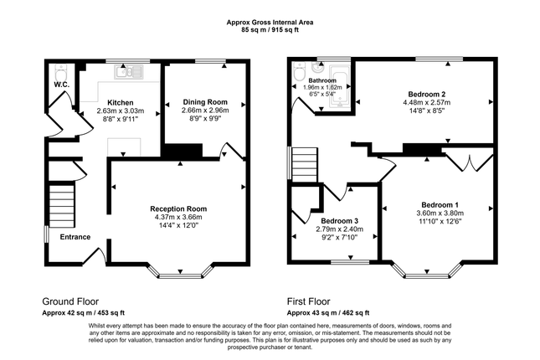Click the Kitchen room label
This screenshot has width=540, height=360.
[121, 103]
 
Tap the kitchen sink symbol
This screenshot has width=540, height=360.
[129, 72]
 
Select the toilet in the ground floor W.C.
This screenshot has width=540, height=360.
[62, 73]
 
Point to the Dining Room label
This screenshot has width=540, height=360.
[205, 102]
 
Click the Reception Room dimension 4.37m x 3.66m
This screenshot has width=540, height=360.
[178, 217]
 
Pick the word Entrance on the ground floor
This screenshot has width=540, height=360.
[75, 237]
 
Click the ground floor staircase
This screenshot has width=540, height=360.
[62, 206]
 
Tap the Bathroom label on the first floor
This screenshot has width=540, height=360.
[322, 80]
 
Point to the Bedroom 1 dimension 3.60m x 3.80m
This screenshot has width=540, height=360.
[440, 213]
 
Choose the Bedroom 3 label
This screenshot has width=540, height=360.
[340, 221]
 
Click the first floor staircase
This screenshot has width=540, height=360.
[304, 164]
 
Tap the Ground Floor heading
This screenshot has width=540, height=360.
[70, 301]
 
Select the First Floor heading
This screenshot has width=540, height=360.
[309, 301]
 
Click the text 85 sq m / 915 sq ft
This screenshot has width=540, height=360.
[270, 30]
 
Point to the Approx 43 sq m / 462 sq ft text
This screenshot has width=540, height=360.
[328, 313]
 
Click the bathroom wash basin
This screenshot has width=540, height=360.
[316, 68]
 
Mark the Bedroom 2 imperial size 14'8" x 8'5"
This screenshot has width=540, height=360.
[427, 111]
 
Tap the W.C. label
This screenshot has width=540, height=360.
[62, 85]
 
